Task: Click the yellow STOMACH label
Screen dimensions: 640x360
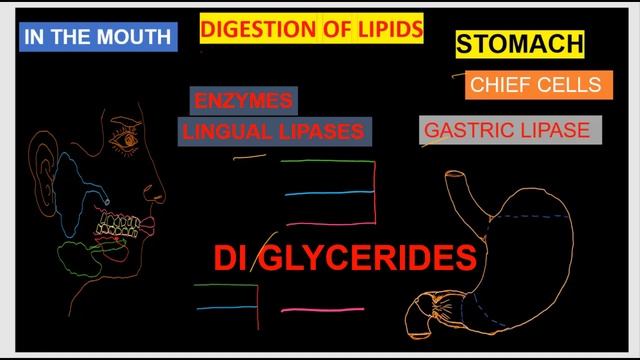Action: [520, 44]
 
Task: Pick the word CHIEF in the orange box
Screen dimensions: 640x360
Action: [499, 85]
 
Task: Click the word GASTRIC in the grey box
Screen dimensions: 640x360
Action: [465, 130]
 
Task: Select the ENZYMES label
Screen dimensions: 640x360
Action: [243, 101]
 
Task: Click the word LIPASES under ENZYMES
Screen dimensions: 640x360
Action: [318, 132]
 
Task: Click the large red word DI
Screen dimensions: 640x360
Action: [230, 259]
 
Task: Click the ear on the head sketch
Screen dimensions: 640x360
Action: [43, 160]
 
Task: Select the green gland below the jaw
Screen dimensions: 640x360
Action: [75, 254]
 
